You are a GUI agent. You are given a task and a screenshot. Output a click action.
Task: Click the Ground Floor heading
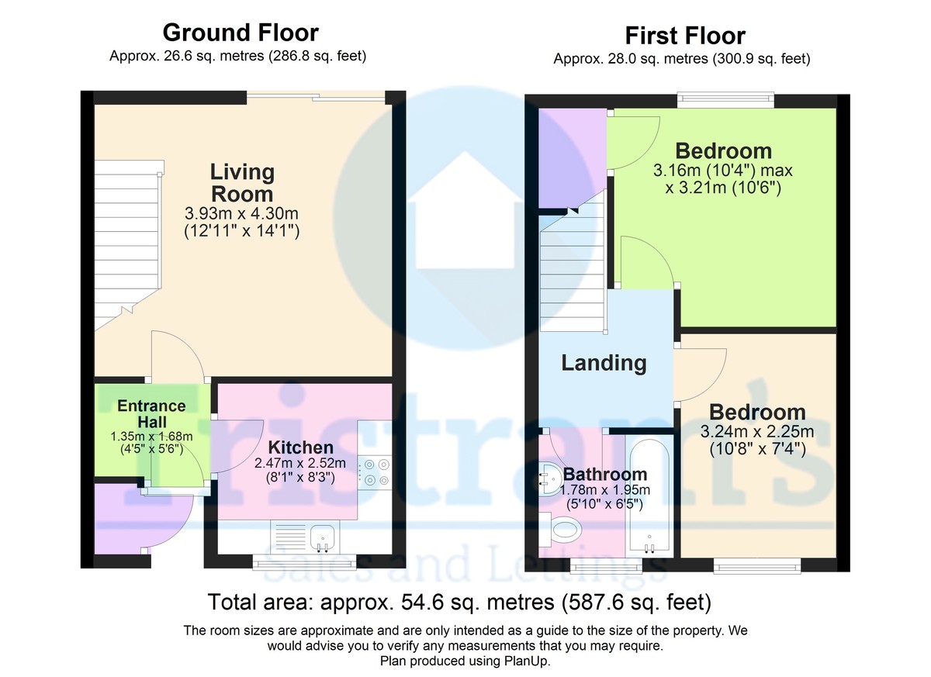coord(241,33)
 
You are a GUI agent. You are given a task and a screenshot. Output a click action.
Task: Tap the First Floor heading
coord(685,36)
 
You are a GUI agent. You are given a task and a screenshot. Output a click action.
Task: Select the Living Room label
coord(242,183)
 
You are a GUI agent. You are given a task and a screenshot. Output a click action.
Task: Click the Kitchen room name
coord(301,447)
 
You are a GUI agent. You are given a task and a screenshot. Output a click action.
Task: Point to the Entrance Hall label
coord(152,413)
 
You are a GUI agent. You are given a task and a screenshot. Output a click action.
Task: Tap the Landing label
coord(604,363)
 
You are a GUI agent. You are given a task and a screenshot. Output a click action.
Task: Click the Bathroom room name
coord(604,475)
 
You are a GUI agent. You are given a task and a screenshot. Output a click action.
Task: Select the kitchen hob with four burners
coord(376,471)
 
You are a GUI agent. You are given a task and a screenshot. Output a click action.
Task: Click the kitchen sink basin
coord(323,537)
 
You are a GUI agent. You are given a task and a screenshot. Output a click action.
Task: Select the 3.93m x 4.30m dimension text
coord(241,213)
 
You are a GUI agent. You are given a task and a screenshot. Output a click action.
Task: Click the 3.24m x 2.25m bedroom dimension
coord(757,431)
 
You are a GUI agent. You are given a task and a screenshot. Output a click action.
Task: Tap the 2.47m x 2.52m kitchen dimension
coord(300,463)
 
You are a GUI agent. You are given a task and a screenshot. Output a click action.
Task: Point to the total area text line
coord(459,602)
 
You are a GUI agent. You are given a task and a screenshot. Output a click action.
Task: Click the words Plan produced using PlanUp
coord(465,661)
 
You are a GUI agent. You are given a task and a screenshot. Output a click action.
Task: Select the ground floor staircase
coord(127,245)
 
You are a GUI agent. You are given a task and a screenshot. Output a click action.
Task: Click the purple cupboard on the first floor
coord(573,158)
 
